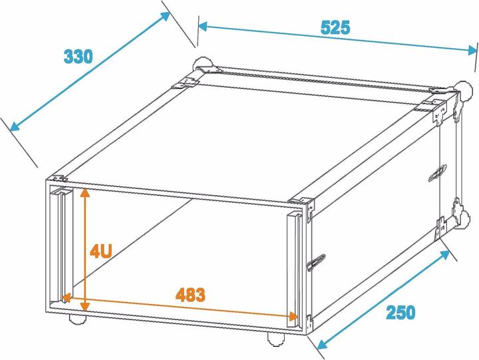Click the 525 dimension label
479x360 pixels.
335,27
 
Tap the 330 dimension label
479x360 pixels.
78,57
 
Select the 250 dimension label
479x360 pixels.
400,312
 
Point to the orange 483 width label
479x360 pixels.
190,295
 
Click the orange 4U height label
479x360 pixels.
101,252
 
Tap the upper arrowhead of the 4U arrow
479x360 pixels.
85,192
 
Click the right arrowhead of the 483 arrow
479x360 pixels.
293,317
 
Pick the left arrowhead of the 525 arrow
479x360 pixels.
203,26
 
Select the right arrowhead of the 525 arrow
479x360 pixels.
472,50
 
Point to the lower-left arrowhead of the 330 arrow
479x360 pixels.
15,126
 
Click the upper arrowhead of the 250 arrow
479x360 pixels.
444,255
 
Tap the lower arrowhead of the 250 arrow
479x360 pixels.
322,345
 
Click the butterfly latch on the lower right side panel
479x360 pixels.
316,262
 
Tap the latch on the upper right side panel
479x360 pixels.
438,172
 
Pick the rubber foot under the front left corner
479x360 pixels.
77,319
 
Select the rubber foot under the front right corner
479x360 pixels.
276,339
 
